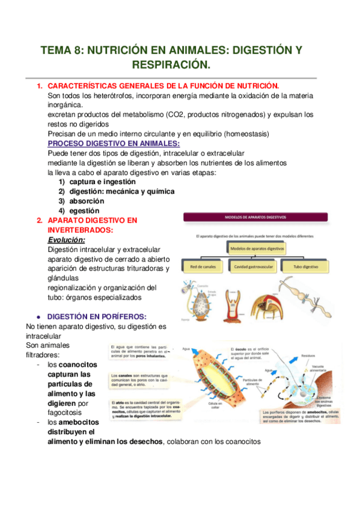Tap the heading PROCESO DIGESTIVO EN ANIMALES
[x=114, y=143]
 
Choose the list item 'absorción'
[x=87, y=201]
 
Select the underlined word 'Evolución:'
[x=66, y=239]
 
